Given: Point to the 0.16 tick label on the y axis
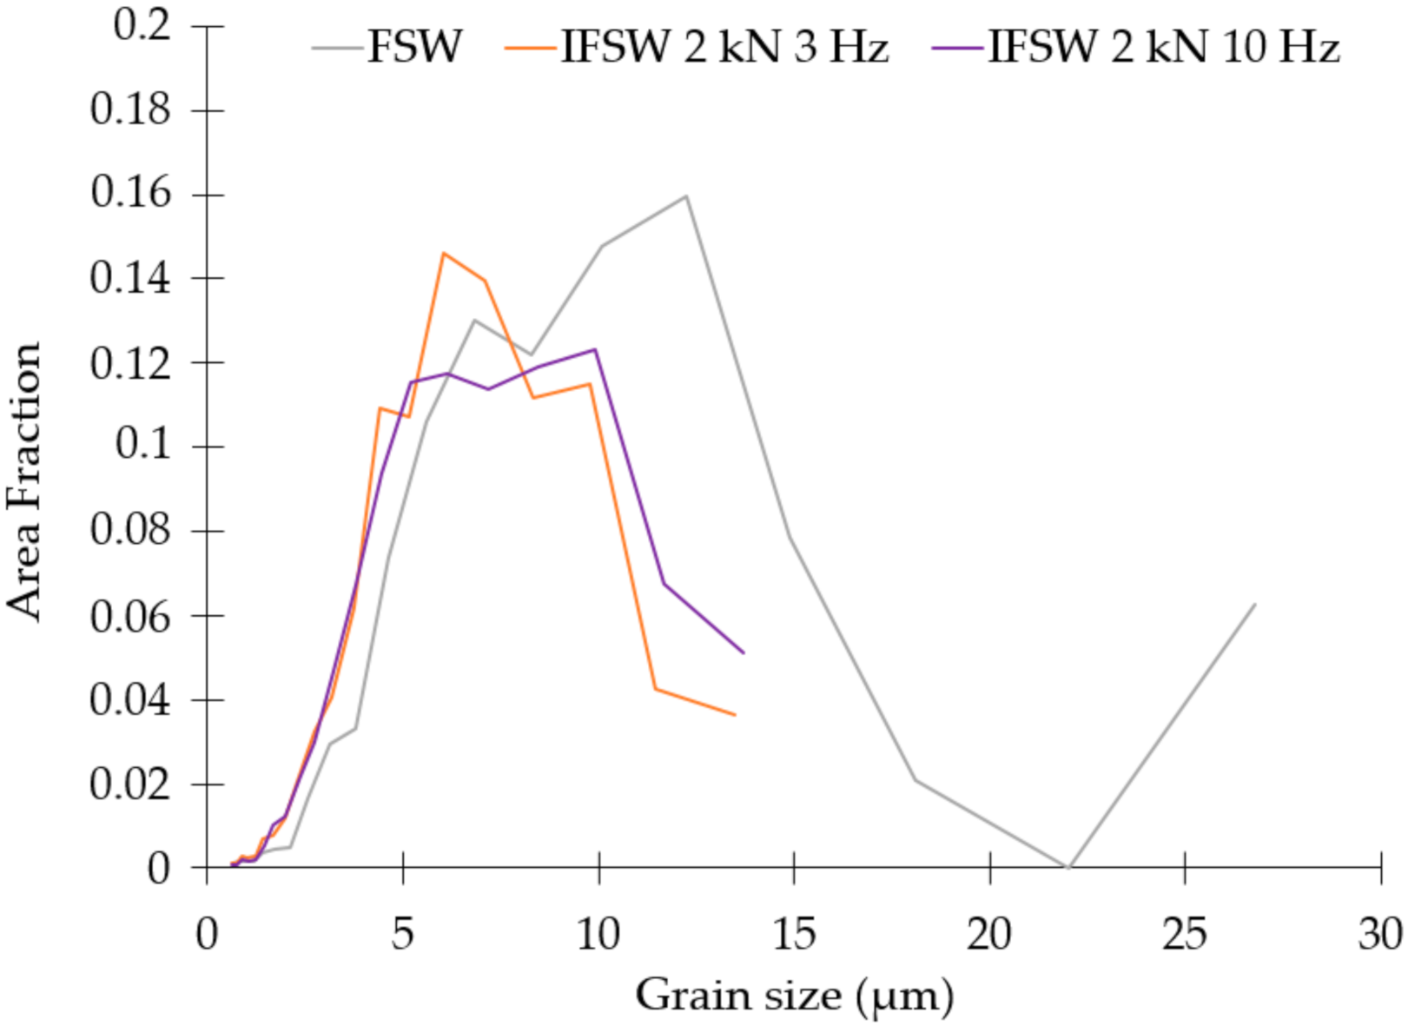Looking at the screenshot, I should (x=130, y=193).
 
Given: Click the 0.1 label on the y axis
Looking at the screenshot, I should (x=142, y=446).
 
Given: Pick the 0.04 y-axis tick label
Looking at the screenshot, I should (x=130, y=699).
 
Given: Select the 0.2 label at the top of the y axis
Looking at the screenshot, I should (x=142, y=25).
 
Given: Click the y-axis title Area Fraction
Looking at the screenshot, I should (x=24, y=480).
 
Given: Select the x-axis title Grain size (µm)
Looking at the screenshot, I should (x=794, y=995).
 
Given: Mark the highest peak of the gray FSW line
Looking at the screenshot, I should (x=686, y=195).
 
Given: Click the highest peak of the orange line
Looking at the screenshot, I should (x=443, y=254).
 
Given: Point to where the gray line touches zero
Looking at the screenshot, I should (x=1068, y=867).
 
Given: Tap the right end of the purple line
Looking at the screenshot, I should (x=744, y=652).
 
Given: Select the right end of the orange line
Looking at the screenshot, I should (x=735, y=715).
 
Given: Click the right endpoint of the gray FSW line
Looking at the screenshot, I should (x=1254, y=604).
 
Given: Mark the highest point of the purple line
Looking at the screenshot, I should (x=595, y=349).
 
